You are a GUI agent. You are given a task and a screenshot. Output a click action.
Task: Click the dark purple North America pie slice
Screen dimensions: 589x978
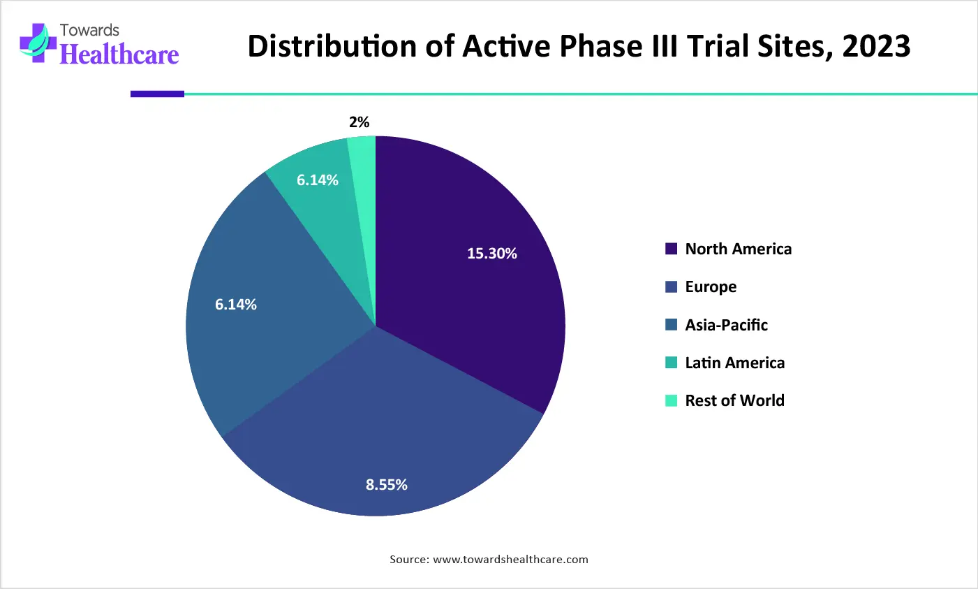click(475, 293)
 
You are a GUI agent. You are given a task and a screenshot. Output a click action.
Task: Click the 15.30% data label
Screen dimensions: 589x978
click(492, 254)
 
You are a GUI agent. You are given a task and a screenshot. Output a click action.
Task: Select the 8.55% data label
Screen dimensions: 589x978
click(387, 485)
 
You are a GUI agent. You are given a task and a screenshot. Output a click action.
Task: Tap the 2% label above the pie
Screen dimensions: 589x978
click(360, 122)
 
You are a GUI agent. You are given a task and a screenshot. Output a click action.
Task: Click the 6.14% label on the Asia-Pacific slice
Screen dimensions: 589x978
click(236, 305)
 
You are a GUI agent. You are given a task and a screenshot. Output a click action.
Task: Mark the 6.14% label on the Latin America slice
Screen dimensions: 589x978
click(318, 180)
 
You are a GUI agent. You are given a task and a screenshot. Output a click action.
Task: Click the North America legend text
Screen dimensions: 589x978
click(739, 249)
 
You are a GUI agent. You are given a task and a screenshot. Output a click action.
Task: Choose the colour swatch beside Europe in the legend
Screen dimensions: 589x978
click(672, 286)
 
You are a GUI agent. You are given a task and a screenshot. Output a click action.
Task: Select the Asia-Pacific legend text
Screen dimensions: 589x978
click(727, 325)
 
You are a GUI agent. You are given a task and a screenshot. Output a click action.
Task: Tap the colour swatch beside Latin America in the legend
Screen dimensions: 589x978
click(672, 363)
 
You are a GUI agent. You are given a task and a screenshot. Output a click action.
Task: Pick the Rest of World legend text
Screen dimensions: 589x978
click(735, 400)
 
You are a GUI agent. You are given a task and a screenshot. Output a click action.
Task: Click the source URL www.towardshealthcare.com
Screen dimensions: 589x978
click(510, 559)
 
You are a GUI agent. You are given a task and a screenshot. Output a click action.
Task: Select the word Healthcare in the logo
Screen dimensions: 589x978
click(119, 54)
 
